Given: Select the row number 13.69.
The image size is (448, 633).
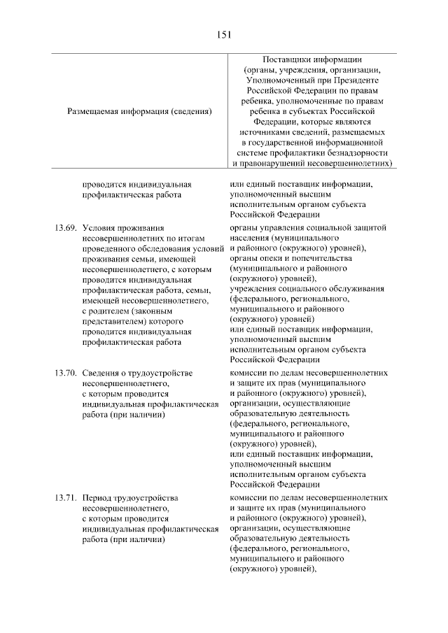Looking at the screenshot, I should coord(64,228).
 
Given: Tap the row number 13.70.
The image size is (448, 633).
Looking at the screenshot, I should coord(64,372).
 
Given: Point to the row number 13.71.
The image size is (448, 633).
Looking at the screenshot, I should coord(64,497).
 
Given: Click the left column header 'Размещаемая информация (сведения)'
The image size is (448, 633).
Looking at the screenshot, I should coord(139,111).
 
